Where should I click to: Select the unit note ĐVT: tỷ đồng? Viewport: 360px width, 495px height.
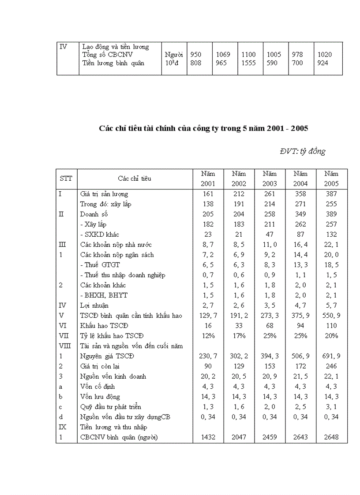302,152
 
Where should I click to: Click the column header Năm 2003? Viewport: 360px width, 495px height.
270,179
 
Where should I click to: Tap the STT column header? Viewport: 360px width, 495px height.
66,179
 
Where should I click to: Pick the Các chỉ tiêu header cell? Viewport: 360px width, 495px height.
135,179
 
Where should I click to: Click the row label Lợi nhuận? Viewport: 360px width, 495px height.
94,305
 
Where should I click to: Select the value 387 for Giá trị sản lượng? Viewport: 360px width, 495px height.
331,194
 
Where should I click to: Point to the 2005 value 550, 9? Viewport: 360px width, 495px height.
331,316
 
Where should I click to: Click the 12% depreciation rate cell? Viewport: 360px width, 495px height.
208,336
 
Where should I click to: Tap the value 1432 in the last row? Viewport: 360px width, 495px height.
208,438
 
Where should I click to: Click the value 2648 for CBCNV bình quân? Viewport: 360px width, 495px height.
331,438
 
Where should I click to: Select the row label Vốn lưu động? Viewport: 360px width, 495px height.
100,397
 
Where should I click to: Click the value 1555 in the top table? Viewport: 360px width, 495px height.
249,63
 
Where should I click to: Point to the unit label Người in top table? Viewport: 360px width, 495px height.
173,55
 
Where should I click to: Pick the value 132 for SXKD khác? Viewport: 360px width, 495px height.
331,234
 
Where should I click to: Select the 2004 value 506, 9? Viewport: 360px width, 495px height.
300,356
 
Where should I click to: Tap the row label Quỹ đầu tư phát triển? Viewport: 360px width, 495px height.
111,407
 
